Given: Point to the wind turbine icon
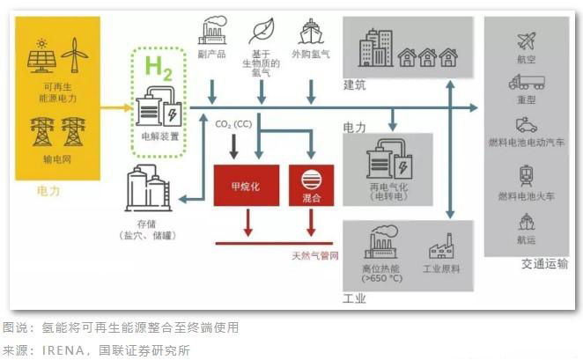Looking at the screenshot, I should click(74, 55).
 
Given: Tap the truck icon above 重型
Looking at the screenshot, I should click(527, 82).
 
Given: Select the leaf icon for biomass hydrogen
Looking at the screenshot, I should click(262, 32).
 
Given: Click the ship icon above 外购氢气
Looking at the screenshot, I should click(311, 32).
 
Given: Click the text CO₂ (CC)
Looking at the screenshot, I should click(233, 124).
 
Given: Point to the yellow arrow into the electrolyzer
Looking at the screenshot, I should click(114, 107).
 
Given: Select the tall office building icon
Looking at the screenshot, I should click(376, 48).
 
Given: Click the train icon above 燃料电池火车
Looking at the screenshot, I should click(527, 174).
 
